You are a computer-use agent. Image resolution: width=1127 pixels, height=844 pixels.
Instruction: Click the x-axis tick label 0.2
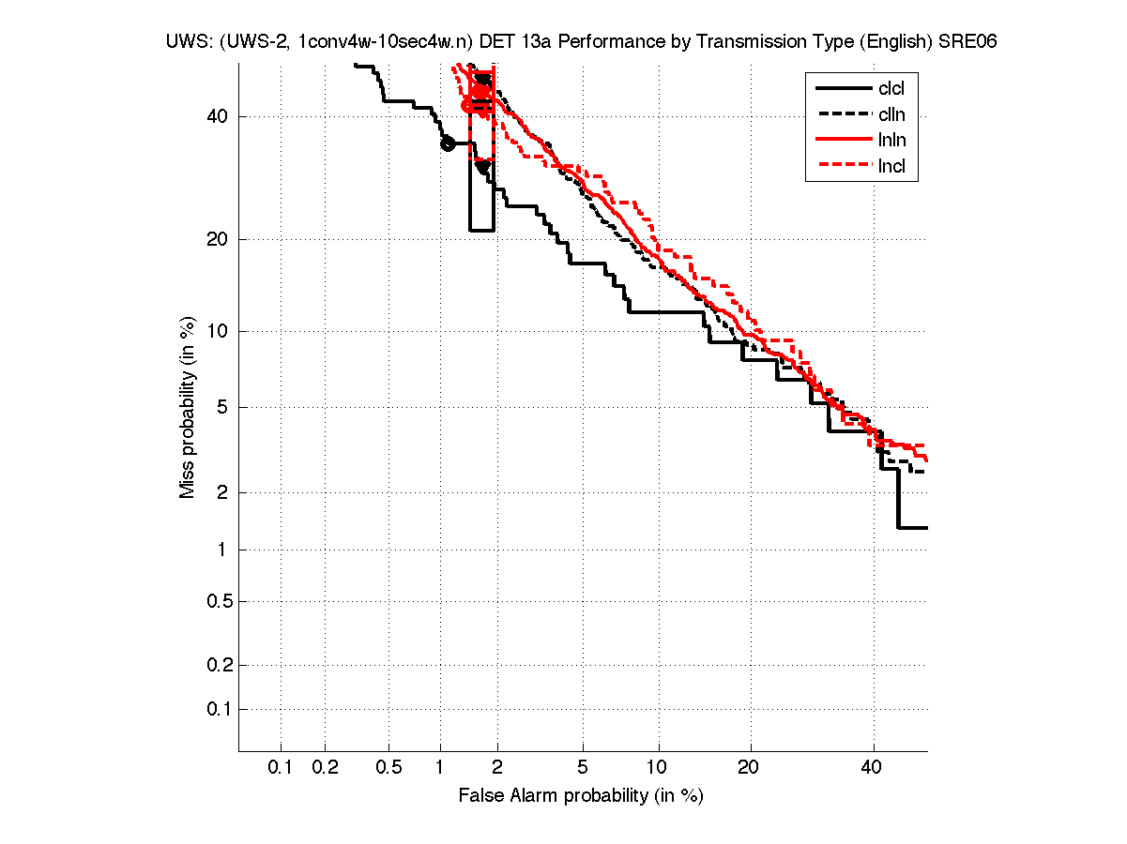point(325,768)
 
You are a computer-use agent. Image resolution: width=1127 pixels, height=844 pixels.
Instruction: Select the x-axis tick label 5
point(583,768)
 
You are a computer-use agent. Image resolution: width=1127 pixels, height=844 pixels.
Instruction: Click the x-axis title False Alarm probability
point(581,796)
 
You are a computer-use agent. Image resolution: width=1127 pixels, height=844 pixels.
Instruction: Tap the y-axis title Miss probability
point(189,407)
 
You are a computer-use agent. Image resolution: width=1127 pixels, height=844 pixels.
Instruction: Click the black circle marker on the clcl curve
point(448,143)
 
